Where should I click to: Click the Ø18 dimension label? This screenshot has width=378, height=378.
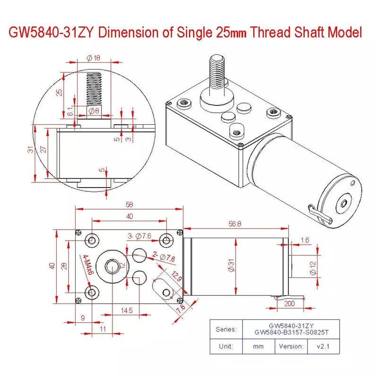pos(93,58)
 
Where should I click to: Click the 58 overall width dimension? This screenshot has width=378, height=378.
pos(129,204)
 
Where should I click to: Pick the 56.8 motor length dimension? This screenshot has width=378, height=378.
pos(235,224)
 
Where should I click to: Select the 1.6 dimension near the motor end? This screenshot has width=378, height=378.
pos(305,241)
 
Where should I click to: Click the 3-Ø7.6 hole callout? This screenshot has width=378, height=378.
pos(139,236)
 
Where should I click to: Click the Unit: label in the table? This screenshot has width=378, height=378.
pos(226,346)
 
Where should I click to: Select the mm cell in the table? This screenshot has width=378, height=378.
pos(258,346)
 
